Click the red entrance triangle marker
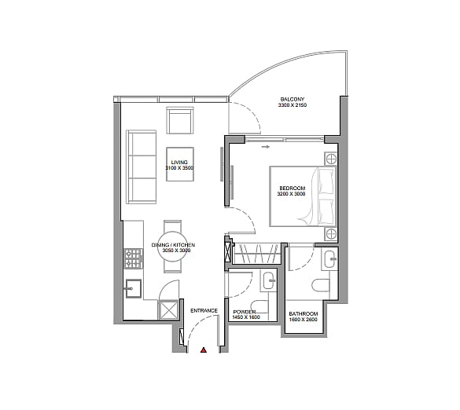pos(204,350)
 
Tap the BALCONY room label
pos(293,99)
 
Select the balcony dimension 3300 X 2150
pos(293,105)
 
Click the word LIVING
pos(179,163)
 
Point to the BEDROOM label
pos(293,189)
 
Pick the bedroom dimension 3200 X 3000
pos(291,194)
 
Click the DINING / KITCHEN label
pos(173,245)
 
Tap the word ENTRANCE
pos(204,311)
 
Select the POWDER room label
pos(245,312)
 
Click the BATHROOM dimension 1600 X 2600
pos(304,320)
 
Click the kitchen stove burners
pos(134,258)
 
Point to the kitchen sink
pos(134,288)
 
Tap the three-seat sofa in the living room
pos(141,167)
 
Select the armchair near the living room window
pos(180,120)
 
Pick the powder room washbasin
pos(269,280)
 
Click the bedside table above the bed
pos(330,159)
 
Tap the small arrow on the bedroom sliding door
pos(266,147)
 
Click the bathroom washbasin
pos(329,259)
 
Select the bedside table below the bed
pos(331,233)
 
